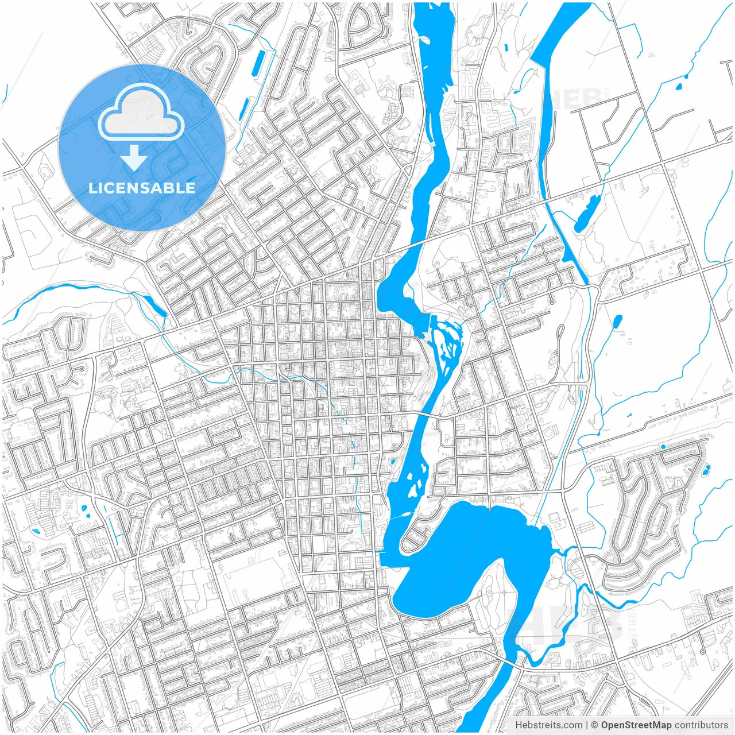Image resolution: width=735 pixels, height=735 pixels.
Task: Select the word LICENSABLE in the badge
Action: pos(141,188)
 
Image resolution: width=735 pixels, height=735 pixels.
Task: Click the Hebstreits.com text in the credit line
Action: pos(548,725)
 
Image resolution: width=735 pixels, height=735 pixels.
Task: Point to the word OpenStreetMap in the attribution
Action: pos(636,725)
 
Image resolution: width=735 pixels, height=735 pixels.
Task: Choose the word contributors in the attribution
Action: pos(701,725)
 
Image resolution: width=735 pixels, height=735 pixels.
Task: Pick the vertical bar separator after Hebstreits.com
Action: pos(587,725)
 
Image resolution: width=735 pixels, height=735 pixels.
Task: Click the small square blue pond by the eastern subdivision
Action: pos(664,446)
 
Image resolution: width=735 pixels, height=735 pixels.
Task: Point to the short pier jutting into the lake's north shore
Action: pos(489,505)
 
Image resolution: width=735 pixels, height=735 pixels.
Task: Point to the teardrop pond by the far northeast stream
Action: pos(678,87)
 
